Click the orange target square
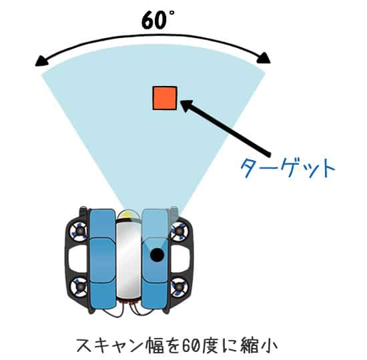point(165,98)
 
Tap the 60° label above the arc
point(158,20)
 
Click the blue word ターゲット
point(288,168)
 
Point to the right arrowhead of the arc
point(264,58)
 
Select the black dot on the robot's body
point(157,255)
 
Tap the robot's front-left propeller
point(79,232)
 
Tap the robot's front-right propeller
point(179,231)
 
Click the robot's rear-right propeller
point(179,287)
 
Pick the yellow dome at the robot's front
point(129,215)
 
